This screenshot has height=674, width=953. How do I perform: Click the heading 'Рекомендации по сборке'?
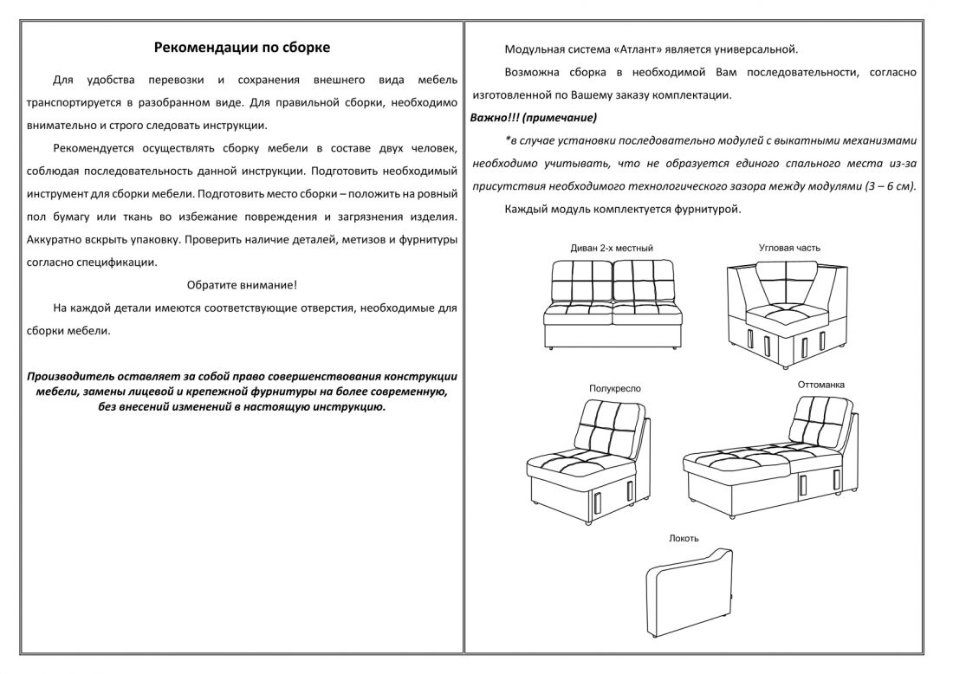[x=242, y=48]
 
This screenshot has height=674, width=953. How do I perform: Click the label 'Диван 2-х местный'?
[x=612, y=248]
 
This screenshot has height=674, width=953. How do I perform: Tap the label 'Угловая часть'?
[x=789, y=248]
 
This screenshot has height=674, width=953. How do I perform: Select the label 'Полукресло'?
[x=614, y=388]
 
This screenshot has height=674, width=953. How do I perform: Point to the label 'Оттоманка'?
[x=820, y=385]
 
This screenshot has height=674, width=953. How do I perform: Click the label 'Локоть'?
[x=684, y=539]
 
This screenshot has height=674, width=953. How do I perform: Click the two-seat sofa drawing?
[x=613, y=304]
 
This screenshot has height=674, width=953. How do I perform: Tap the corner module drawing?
[x=787, y=314]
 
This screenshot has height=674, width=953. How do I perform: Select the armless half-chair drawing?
[x=587, y=462]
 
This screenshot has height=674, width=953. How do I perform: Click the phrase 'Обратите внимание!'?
[x=242, y=285]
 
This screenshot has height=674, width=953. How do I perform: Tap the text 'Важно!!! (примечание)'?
[x=534, y=118]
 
